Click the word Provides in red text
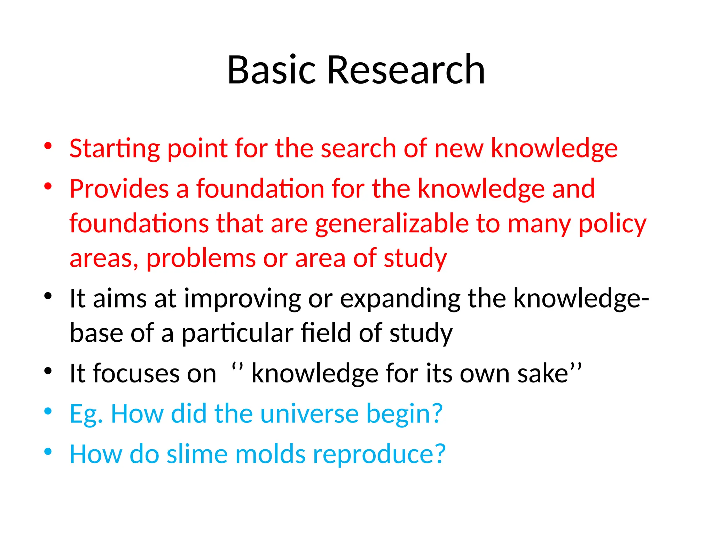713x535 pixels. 119,189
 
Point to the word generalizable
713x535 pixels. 392,224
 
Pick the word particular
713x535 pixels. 237,333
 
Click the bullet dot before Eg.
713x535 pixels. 48,411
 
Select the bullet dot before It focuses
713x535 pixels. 48,371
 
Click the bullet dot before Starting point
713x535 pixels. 48,146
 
